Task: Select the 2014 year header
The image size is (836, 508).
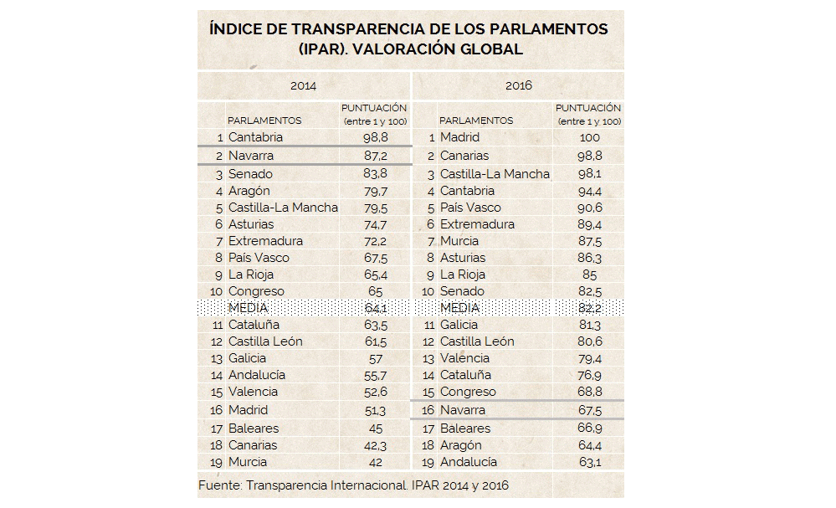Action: pos(304,86)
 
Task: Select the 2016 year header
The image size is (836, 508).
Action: pos(518,85)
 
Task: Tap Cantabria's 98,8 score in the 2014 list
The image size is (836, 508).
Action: pos(376,137)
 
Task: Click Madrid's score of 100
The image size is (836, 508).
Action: pos(589,137)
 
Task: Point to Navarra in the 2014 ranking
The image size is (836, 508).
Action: pos(250,156)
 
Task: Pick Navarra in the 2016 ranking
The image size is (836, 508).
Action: pos(462,410)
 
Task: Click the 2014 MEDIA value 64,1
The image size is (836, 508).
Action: pos(376,308)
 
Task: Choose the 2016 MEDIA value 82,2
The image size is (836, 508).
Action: pos(590,308)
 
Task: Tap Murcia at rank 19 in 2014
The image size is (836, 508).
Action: pos(248,462)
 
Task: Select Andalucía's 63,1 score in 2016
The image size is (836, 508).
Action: pos(590,462)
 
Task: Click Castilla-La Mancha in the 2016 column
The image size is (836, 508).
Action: pos(495,174)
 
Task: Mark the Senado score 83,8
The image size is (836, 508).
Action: pos(376,174)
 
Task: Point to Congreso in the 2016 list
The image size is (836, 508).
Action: pos(468,393)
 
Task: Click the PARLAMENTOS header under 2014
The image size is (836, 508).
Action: pos(264,121)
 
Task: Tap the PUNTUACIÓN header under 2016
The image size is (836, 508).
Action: pos(588,108)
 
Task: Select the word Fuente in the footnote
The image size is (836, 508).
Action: pos(219,485)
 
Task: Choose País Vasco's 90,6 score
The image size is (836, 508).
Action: pos(590,208)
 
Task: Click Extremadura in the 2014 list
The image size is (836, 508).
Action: pos(265,241)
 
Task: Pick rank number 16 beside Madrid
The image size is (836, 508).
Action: pos(216,410)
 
